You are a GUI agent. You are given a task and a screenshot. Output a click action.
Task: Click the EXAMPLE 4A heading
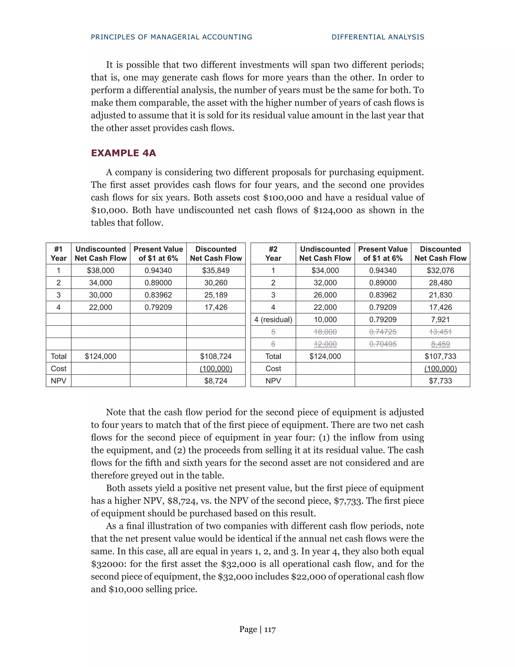(123, 153)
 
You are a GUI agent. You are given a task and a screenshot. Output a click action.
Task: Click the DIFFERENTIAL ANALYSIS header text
(378, 37)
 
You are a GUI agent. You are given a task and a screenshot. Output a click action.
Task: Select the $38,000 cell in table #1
(100, 271)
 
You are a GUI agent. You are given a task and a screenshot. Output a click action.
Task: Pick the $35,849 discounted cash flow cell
(216, 271)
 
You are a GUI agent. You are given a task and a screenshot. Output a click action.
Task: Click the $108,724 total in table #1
(216, 356)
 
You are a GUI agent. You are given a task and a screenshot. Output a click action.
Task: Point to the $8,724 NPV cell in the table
(216, 381)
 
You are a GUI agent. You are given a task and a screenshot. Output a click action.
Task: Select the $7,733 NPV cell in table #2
(440, 381)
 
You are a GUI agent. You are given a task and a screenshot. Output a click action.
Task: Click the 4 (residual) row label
(273, 320)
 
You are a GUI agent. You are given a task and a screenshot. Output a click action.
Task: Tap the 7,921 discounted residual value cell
(440, 320)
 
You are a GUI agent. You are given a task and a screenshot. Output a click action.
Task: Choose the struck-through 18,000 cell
(325, 332)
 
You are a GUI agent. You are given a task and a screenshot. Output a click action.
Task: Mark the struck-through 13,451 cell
(440, 332)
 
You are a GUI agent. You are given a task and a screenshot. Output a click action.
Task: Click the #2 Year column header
(273, 254)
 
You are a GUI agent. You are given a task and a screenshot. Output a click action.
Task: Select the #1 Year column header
(59, 254)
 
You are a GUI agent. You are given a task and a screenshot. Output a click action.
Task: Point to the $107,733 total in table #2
(440, 356)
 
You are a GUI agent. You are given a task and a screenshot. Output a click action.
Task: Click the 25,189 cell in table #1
(216, 295)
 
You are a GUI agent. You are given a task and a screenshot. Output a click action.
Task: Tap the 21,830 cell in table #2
(440, 295)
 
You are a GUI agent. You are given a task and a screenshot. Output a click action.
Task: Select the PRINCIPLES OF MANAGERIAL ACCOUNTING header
(171, 37)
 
